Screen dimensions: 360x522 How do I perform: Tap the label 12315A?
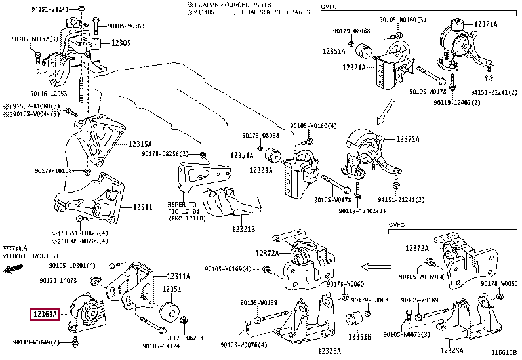140,144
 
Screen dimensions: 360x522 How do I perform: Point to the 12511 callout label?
143,207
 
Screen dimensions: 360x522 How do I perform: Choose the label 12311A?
178,277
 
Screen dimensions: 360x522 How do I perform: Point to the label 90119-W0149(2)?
37,342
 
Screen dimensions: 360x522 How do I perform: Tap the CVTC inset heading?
329,6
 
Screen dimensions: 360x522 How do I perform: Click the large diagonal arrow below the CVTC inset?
386,112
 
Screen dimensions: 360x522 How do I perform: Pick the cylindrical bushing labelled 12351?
170,312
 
